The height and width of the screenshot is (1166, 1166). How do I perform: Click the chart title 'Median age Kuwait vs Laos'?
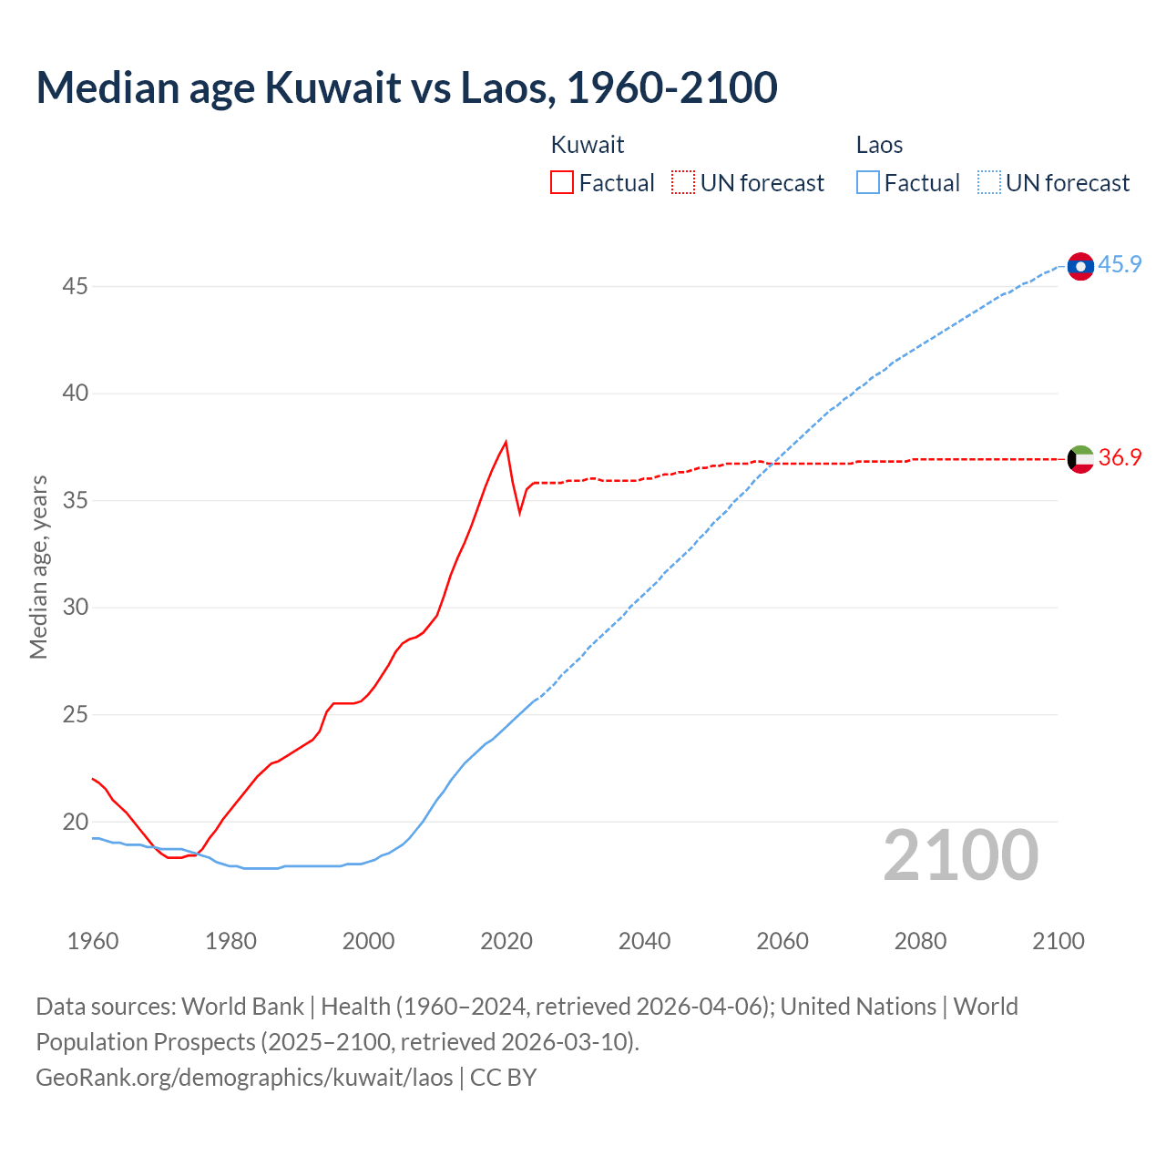click(406, 87)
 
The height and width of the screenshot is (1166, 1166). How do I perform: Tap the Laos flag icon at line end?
click(1080, 266)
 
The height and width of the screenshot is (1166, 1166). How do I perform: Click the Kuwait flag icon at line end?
click(1080, 459)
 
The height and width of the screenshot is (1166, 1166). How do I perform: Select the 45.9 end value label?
click(1120, 264)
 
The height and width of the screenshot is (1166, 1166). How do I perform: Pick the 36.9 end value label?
click(1120, 457)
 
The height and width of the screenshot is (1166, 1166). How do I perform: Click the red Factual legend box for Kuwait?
click(562, 183)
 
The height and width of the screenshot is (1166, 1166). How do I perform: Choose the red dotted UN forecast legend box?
click(683, 183)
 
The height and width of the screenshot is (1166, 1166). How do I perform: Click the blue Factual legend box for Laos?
click(868, 183)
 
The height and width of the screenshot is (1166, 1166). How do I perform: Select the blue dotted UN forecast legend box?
click(989, 183)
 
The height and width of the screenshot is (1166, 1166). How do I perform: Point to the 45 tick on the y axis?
click(75, 286)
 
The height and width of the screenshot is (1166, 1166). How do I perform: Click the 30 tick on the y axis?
click(75, 608)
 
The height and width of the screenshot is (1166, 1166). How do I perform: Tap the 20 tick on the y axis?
click(75, 822)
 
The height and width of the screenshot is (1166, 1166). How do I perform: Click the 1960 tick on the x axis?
click(93, 941)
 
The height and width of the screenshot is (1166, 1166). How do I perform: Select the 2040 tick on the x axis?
click(644, 941)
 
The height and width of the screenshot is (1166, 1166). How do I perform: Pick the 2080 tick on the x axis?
click(920, 941)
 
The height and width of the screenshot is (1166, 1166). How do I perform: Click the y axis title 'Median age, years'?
click(38, 567)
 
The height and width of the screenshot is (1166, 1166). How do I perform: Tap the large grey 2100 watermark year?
click(961, 855)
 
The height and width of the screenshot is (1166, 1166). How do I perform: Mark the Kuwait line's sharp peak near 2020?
click(506, 443)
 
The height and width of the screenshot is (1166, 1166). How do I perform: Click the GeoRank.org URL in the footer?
click(244, 1078)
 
